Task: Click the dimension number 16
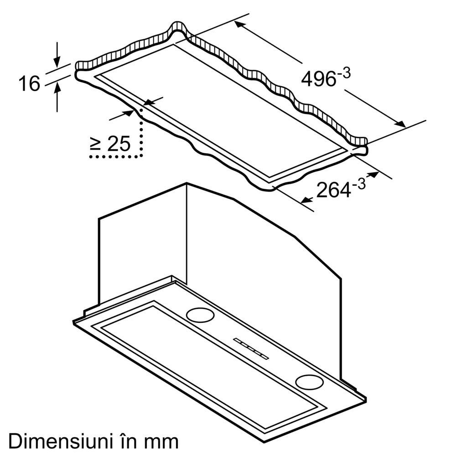tap(29, 84)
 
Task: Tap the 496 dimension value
tap(318, 79)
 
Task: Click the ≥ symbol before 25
tap(95, 145)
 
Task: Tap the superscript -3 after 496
tap(345, 73)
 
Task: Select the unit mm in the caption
tap(160, 441)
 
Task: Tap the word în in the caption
tap(123, 441)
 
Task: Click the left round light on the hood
tap(200, 314)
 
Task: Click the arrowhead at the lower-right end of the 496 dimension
tap(400, 124)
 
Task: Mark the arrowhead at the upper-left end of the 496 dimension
tap(240, 25)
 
